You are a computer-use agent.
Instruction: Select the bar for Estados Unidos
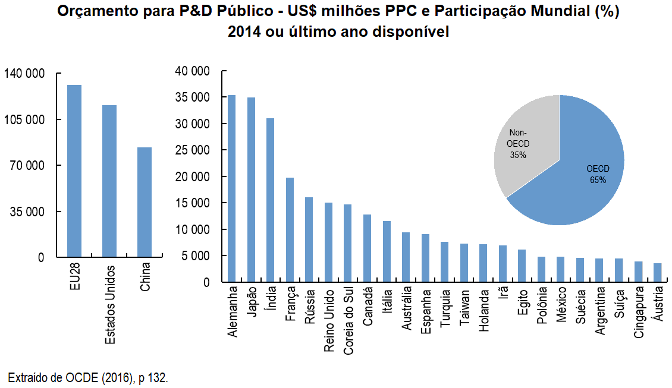(109, 181)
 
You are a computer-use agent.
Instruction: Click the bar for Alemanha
(232, 188)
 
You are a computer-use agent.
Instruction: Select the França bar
(290, 230)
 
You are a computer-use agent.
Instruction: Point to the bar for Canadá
(367, 248)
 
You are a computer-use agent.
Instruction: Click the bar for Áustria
(657, 273)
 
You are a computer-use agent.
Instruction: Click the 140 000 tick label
(24, 74)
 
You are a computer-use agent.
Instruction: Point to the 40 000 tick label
(193, 71)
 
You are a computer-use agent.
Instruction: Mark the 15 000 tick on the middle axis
(193, 203)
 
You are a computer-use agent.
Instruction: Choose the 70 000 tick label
(28, 166)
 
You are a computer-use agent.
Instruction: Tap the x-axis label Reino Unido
(329, 321)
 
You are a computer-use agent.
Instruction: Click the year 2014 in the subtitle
(243, 31)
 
